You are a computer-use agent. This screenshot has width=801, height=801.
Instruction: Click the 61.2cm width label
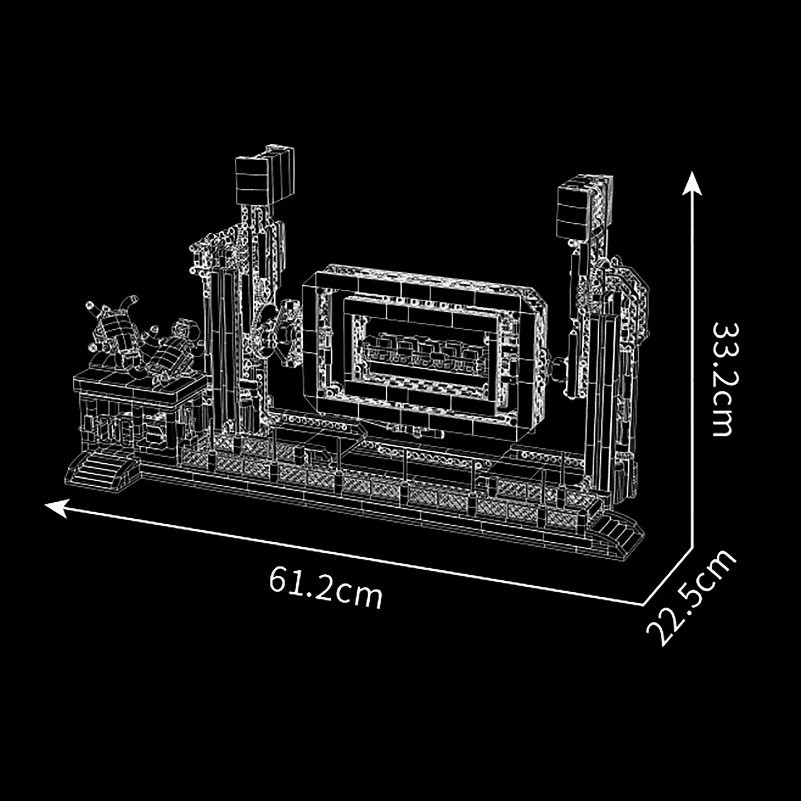click(x=326, y=588)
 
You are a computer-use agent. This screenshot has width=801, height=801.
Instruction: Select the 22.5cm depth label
click(x=691, y=598)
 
